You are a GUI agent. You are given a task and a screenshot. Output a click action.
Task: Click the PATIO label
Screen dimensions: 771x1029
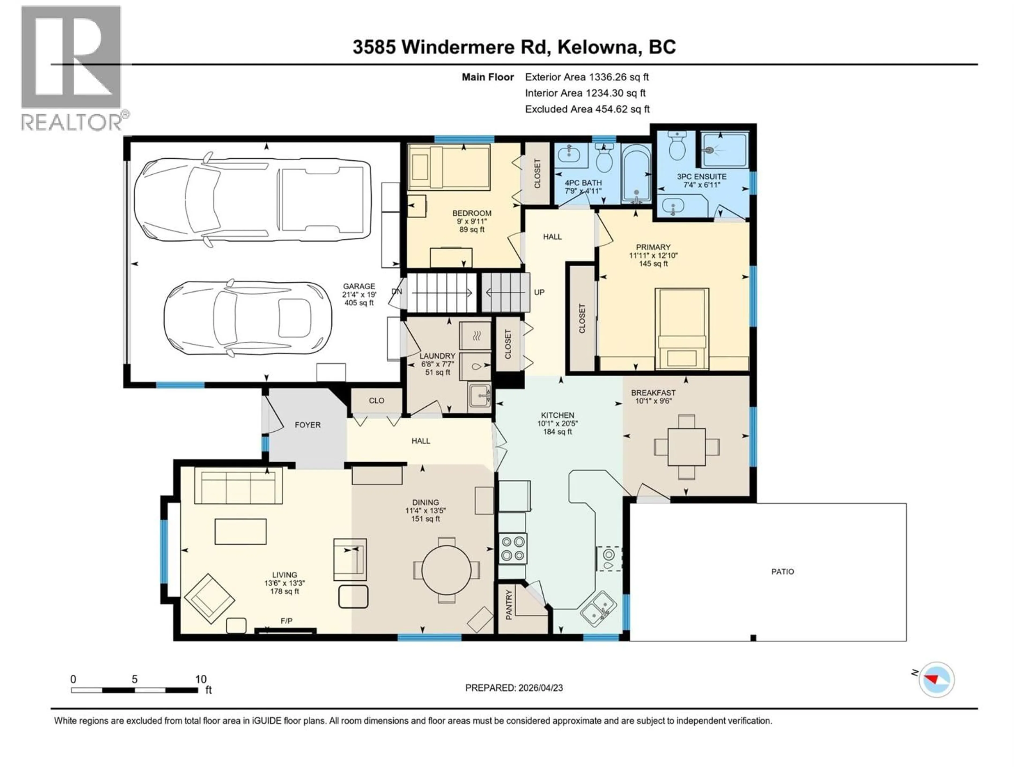point(782,572)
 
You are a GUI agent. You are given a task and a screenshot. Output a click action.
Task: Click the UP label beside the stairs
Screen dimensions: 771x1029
point(539,292)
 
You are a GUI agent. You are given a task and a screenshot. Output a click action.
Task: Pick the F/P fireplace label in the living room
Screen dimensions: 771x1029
point(286,621)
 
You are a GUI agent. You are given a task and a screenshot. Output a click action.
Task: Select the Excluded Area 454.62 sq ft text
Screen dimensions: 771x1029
point(587,109)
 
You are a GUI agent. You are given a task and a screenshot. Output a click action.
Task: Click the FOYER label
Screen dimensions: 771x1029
point(307,425)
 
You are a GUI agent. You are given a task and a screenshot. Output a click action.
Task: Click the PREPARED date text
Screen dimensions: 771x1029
point(514,688)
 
